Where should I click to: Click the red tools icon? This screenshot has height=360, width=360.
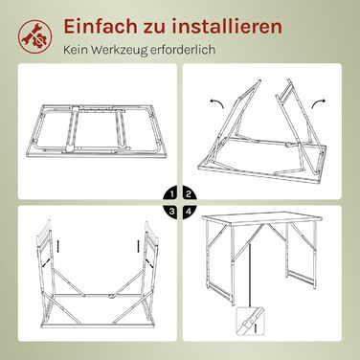click(x=34, y=35)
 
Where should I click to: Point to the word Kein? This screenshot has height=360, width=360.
click(x=76, y=50)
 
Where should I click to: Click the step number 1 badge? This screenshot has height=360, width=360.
click(x=170, y=193)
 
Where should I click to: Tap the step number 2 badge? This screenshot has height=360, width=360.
click(x=190, y=193)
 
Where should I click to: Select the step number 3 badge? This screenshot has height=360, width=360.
click(x=170, y=212)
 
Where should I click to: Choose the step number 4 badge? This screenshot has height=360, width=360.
click(x=190, y=212)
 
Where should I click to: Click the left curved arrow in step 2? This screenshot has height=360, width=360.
click(x=216, y=102)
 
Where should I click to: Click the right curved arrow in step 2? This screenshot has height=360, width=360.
click(x=319, y=102)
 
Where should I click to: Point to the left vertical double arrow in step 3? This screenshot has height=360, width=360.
click(x=58, y=246)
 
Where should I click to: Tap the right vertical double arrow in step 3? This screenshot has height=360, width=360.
click(x=138, y=246)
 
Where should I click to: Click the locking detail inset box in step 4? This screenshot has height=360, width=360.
click(x=250, y=322)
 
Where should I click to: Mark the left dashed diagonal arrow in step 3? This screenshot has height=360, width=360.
click(x=46, y=262)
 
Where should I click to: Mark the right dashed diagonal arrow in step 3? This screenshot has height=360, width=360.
click(x=149, y=262)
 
